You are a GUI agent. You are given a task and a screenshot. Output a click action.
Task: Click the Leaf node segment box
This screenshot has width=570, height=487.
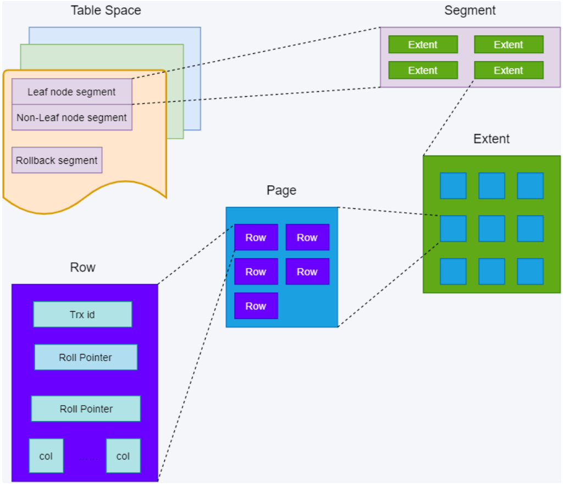click(72, 92)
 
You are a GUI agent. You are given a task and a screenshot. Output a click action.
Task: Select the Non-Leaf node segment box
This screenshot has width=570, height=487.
click(72, 118)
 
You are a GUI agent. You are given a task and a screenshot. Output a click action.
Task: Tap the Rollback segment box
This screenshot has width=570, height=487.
click(57, 161)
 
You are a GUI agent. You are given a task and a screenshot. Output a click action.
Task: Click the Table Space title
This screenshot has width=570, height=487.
click(106, 10)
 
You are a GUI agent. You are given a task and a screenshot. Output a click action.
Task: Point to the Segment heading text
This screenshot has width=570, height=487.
click(470, 10)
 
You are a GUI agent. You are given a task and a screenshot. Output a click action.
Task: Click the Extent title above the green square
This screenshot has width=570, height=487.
click(491, 139)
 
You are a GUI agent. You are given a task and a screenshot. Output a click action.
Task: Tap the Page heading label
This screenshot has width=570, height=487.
click(281, 190)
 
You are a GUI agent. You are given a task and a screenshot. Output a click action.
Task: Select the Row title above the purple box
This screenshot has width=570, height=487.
click(83, 268)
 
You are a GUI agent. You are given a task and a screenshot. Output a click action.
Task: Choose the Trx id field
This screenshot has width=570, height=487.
click(82, 314)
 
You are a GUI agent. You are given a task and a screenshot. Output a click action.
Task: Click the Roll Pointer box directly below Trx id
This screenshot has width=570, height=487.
click(86, 357)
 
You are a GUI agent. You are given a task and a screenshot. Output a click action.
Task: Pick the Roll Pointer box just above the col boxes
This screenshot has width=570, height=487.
click(86, 408)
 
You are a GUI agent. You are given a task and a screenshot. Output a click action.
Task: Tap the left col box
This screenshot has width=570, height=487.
click(46, 456)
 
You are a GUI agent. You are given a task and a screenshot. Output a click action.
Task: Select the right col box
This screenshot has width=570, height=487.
click(123, 456)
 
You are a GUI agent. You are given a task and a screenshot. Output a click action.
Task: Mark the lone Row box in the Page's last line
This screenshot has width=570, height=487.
click(256, 306)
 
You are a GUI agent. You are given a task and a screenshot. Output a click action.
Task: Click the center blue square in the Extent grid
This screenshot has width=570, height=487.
click(492, 229)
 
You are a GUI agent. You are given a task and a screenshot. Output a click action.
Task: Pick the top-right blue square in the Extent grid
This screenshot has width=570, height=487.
click(530, 186)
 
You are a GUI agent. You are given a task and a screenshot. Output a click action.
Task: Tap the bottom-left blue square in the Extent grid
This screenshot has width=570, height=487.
click(453, 272)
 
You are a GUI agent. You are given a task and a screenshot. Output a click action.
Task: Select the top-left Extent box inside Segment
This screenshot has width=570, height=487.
click(423, 45)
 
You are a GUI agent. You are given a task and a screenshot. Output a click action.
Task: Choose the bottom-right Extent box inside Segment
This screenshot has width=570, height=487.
click(509, 70)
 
